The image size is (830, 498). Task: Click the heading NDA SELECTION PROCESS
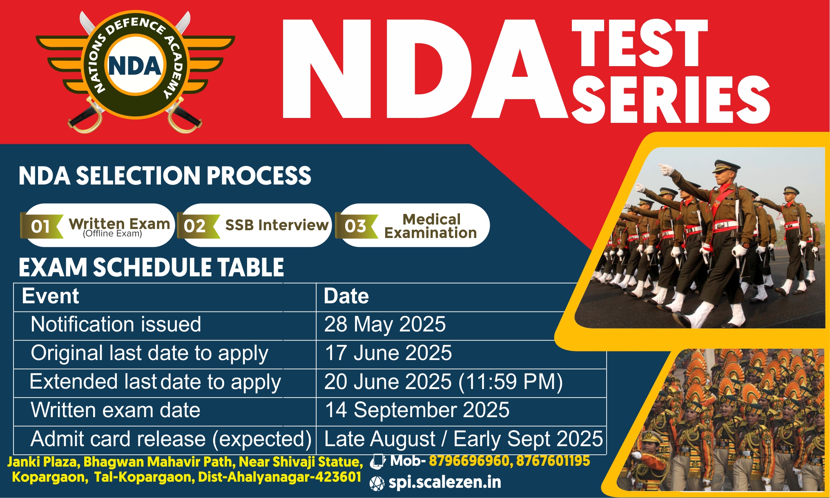[x=165, y=176]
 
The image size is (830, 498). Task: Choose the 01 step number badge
[x=40, y=226]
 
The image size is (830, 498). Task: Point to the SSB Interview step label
[x=277, y=225]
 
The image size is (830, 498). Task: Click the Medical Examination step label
[x=431, y=226]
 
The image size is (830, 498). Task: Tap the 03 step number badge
[x=355, y=226]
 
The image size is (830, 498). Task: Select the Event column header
[x=50, y=296]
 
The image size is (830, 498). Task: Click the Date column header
[x=346, y=296]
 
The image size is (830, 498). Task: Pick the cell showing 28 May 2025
[x=385, y=325]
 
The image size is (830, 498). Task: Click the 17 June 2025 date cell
[x=388, y=353]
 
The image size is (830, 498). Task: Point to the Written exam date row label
[x=116, y=410]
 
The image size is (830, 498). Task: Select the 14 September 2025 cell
[x=417, y=410]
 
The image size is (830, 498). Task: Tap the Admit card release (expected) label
[x=171, y=439]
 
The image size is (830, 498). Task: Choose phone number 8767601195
[x=553, y=461]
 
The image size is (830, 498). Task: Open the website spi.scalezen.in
[x=445, y=482]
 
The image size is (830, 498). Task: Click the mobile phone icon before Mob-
[x=377, y=462]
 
